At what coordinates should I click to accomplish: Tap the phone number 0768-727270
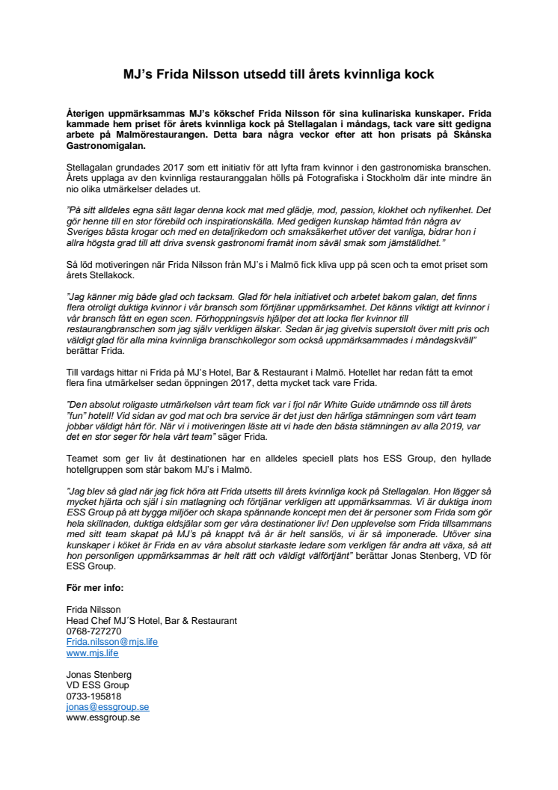click(94, 631)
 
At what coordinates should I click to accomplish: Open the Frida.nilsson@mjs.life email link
click(112, 642)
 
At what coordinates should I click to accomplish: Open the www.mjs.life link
click(93, 652)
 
